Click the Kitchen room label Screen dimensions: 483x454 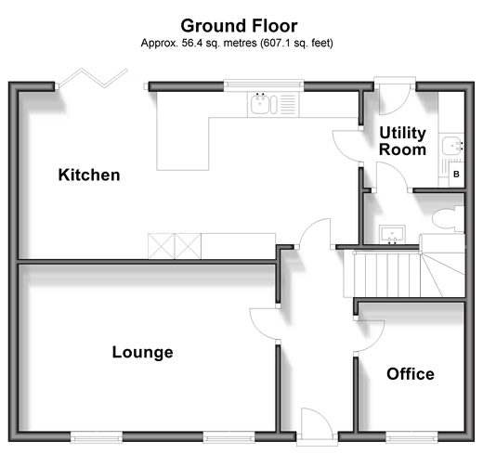click(89, 175)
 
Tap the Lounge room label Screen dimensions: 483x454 click(142, 352)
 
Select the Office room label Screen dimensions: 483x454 click(411, 374)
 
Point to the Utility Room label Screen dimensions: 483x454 click(402, 141)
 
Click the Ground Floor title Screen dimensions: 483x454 click(239, 26)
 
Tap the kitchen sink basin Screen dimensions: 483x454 click(259, 104)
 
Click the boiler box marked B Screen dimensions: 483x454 click(456, 175)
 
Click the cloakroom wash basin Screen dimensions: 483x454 click(392, 234)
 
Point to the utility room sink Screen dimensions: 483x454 click(452, 146)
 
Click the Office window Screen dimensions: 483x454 click(411, 437)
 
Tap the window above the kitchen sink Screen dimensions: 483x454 click(264, 84)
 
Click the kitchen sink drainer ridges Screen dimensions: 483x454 click(288, 104)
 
